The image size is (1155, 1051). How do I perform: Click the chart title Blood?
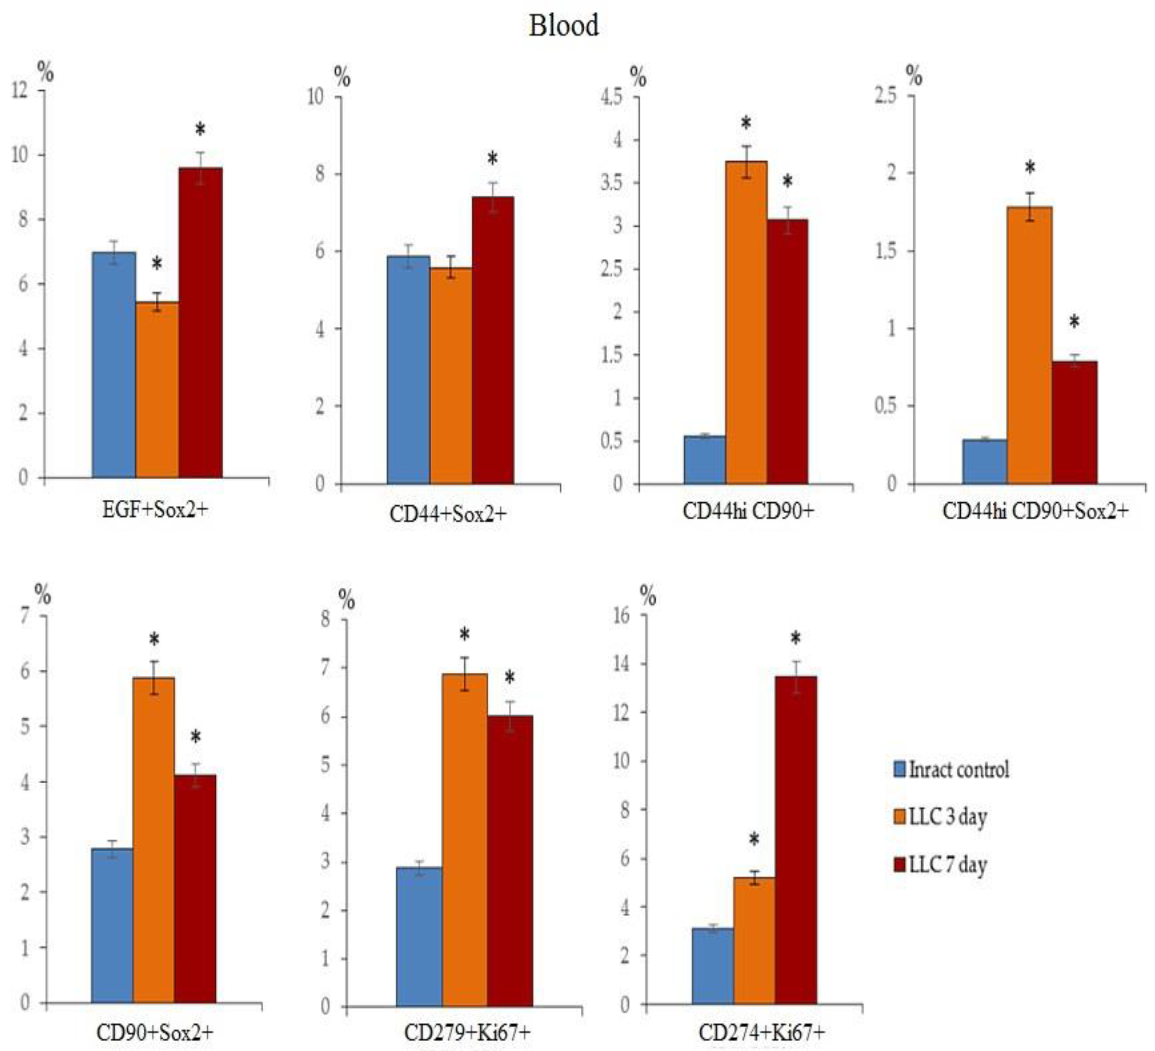tap(564, 26)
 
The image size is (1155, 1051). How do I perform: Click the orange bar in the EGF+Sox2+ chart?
tap(157, 389)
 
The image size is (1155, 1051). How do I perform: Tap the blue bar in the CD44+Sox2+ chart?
tap(408, 370)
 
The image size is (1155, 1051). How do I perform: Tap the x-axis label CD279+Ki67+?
tap(467, 1033)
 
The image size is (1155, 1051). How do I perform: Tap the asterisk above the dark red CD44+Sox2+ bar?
tap(492, 159)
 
